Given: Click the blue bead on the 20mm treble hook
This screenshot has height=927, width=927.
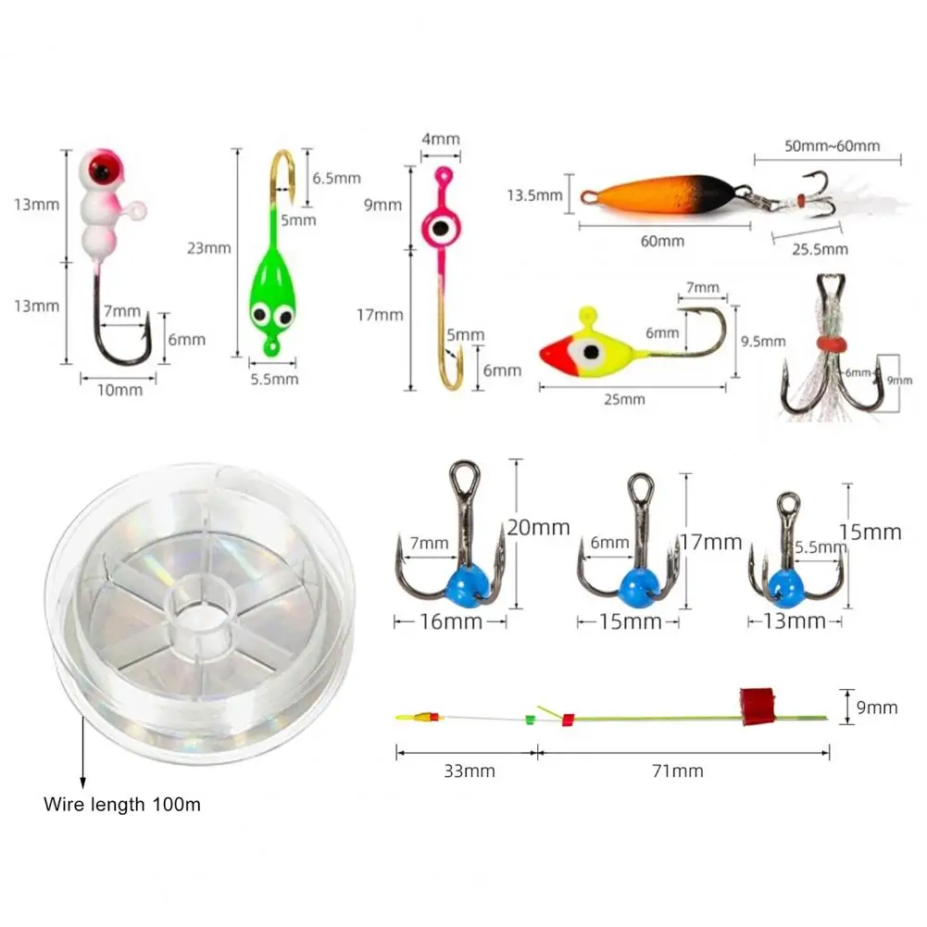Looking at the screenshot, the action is coord(470,581).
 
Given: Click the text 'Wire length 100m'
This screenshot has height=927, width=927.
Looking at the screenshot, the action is coord(121,804).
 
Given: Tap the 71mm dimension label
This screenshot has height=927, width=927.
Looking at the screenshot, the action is coord(678,770).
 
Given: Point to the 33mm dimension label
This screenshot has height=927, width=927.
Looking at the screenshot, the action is coord(470,770).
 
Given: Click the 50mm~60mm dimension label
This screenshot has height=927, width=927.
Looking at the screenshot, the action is coord(832,145).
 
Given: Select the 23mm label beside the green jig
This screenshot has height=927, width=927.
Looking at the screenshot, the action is coord(208,247).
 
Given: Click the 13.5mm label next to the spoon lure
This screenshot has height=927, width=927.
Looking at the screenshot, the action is coord(534,195).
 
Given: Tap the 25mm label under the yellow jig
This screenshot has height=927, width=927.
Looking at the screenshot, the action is coord(623,399).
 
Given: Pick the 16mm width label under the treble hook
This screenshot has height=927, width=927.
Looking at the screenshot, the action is coord(451,621).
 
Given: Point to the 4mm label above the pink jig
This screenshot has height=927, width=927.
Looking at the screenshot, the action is coord(441,139).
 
